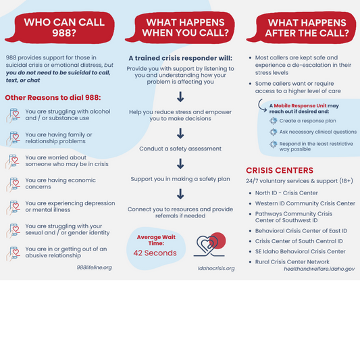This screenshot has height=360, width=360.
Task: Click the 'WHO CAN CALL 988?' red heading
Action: tap(64, 27)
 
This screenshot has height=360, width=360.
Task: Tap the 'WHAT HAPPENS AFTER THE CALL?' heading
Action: tap(307, 28)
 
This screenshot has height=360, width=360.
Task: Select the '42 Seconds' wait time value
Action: tap(155, 253)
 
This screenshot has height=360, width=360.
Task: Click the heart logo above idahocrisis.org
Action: tap(209, 245)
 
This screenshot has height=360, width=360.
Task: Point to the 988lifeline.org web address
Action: tap(94, 267)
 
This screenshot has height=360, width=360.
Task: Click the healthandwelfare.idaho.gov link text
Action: tap(319, 269)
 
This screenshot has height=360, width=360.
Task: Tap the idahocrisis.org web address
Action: tap(216, 268)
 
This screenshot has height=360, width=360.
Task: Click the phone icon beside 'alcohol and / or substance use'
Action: tap(13, 115)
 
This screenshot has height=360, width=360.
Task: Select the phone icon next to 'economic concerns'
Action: tap(13, 184)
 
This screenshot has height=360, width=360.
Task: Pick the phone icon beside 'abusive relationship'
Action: tap(13, 253)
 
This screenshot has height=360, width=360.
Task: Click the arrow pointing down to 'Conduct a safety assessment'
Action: tap(180, 133)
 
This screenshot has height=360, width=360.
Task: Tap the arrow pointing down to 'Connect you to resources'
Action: tap(180, 194)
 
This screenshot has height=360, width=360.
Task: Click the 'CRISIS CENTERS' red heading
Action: tap(280, 170)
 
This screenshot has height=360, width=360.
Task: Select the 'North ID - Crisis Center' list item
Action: tap(286, 193)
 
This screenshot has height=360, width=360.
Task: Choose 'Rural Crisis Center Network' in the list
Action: tap(292, 262)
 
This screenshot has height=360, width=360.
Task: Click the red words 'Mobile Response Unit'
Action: tap(300, 105)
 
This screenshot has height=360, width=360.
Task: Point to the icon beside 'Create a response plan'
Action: tap(274, 121)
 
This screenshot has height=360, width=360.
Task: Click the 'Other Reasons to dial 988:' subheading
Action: tap(53, 97)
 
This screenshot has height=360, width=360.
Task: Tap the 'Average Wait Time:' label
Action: tap(156, 240)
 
